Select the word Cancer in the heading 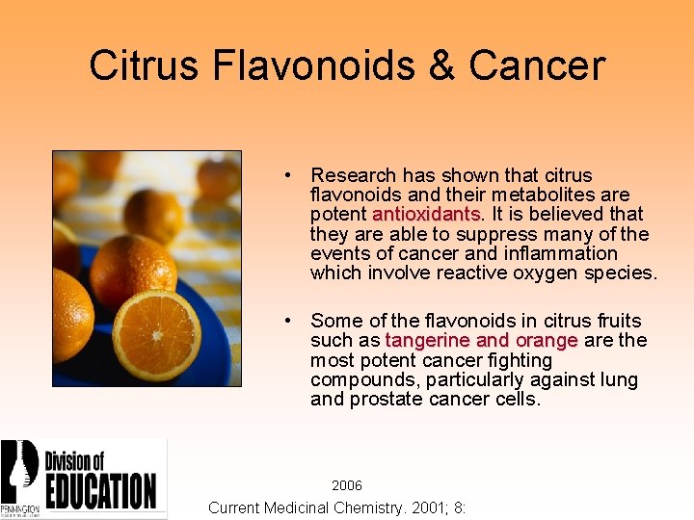(x=537, y=65)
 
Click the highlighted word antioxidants (x=427, y=214)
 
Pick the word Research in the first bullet (x=353, y=175)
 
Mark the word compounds (x=357, y=379)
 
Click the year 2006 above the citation (x=347, y=486)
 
